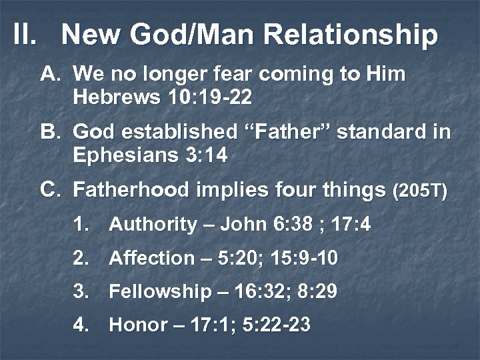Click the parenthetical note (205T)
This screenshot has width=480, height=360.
point(420,192)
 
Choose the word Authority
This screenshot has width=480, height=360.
point(153,225)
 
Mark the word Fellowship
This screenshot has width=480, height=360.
point(159,291)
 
